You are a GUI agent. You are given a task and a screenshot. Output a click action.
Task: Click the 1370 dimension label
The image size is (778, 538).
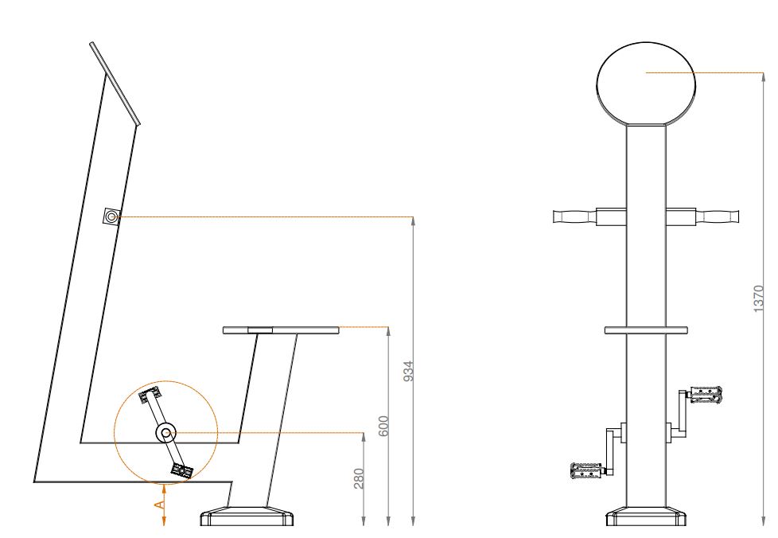(759, 298)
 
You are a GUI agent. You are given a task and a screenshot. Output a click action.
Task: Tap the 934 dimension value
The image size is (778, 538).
(408, 371)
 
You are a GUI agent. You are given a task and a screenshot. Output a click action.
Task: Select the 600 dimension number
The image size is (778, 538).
(383, 426)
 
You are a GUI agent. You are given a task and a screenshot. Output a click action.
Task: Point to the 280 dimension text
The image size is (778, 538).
(360, 478)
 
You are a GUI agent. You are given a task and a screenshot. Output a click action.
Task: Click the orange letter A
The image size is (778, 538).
(159, 505)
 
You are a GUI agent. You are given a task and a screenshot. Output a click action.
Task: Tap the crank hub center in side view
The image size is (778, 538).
(165, 433)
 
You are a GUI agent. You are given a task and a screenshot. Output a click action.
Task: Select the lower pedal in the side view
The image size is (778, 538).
(181, 470)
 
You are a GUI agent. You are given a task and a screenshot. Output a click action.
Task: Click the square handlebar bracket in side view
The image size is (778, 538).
(111, 216)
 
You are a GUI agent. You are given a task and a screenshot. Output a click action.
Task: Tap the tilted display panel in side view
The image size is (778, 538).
(115, 84)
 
